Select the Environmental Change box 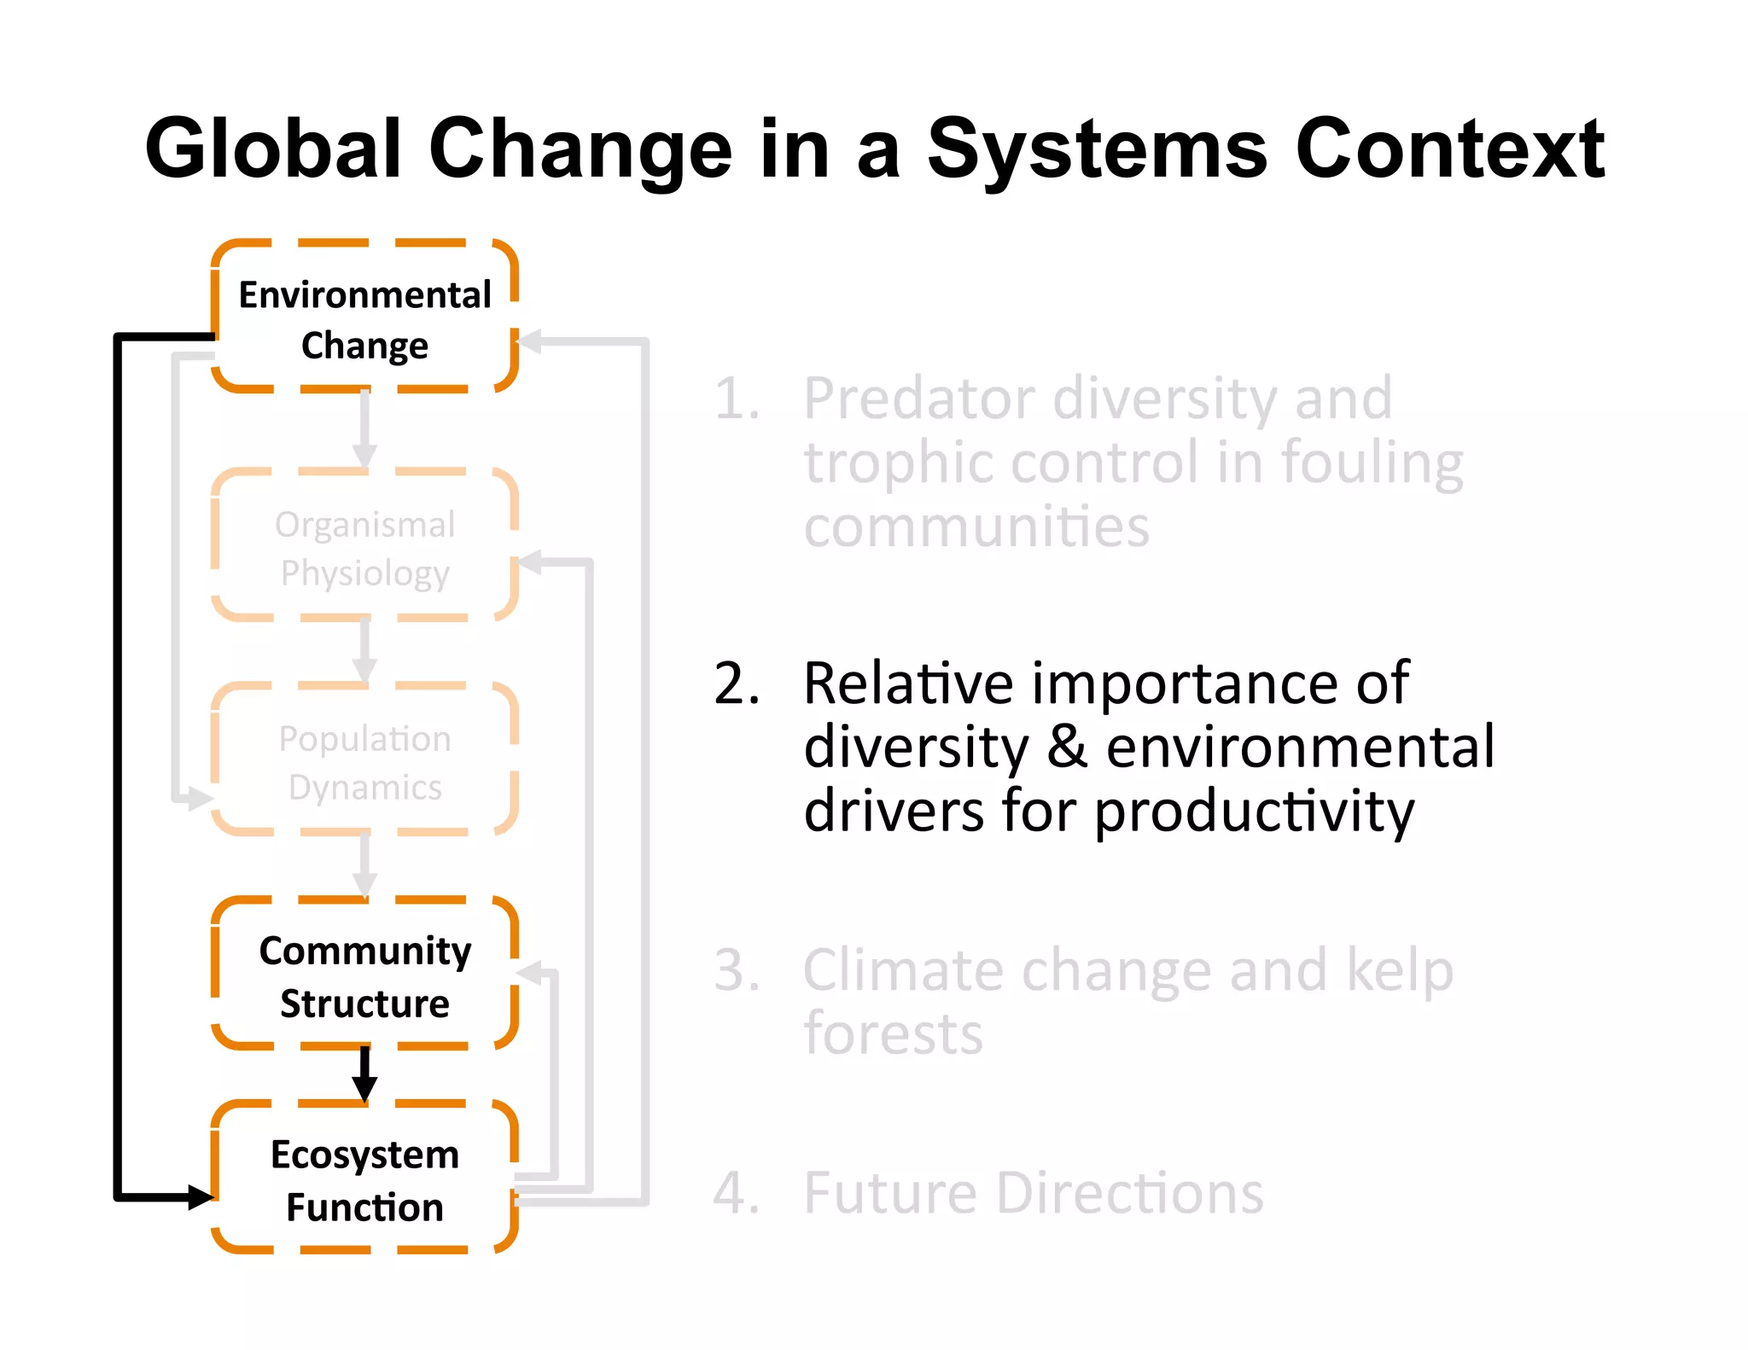[364, 317]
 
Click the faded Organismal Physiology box [364, 546]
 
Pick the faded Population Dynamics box [364, 760]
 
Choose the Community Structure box [364, 975]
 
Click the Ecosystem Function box [364, 1178]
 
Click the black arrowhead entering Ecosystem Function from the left [201, 1196]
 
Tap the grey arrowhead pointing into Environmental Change [530, 341]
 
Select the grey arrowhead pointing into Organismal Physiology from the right [530, 562]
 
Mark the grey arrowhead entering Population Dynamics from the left [201, 799]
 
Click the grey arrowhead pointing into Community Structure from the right [530, 972]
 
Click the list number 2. [736, 684]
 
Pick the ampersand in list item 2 [1067, 747]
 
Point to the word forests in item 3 [893, 1033]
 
